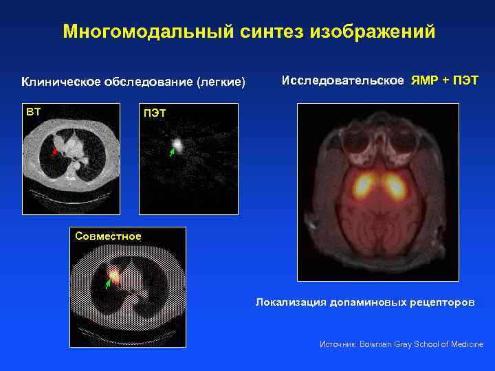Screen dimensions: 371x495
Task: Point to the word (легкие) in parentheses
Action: [x=221, y=82]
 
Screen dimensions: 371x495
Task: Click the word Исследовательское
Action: [x=343, y=80]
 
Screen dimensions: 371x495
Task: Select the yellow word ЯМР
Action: [x=424, y=80]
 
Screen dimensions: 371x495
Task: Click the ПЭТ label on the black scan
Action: [x=154, y=113]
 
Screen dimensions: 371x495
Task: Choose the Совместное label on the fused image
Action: [x=109, y=236]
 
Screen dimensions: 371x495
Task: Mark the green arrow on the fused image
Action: [x=107, y=282]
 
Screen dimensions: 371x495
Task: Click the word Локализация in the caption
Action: [x=287, y=302]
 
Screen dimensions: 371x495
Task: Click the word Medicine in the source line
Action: [x=467, y=344]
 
